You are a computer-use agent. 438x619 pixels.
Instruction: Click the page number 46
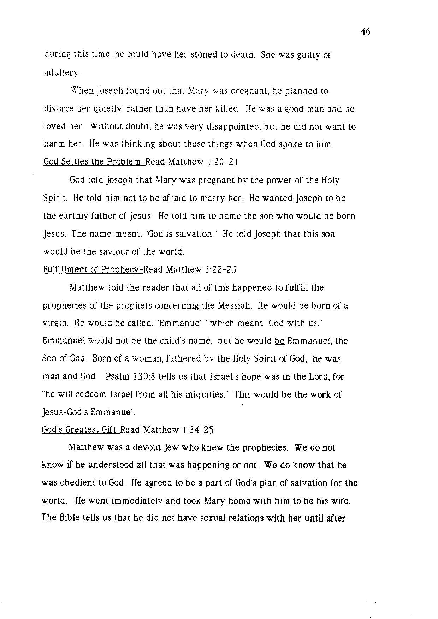coord(365,32)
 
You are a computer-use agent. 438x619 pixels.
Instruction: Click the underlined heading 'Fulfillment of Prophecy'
coord(93,270)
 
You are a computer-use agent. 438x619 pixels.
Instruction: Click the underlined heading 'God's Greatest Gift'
coord(81,430)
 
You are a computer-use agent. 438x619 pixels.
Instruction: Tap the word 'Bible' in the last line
coord(69,519)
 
